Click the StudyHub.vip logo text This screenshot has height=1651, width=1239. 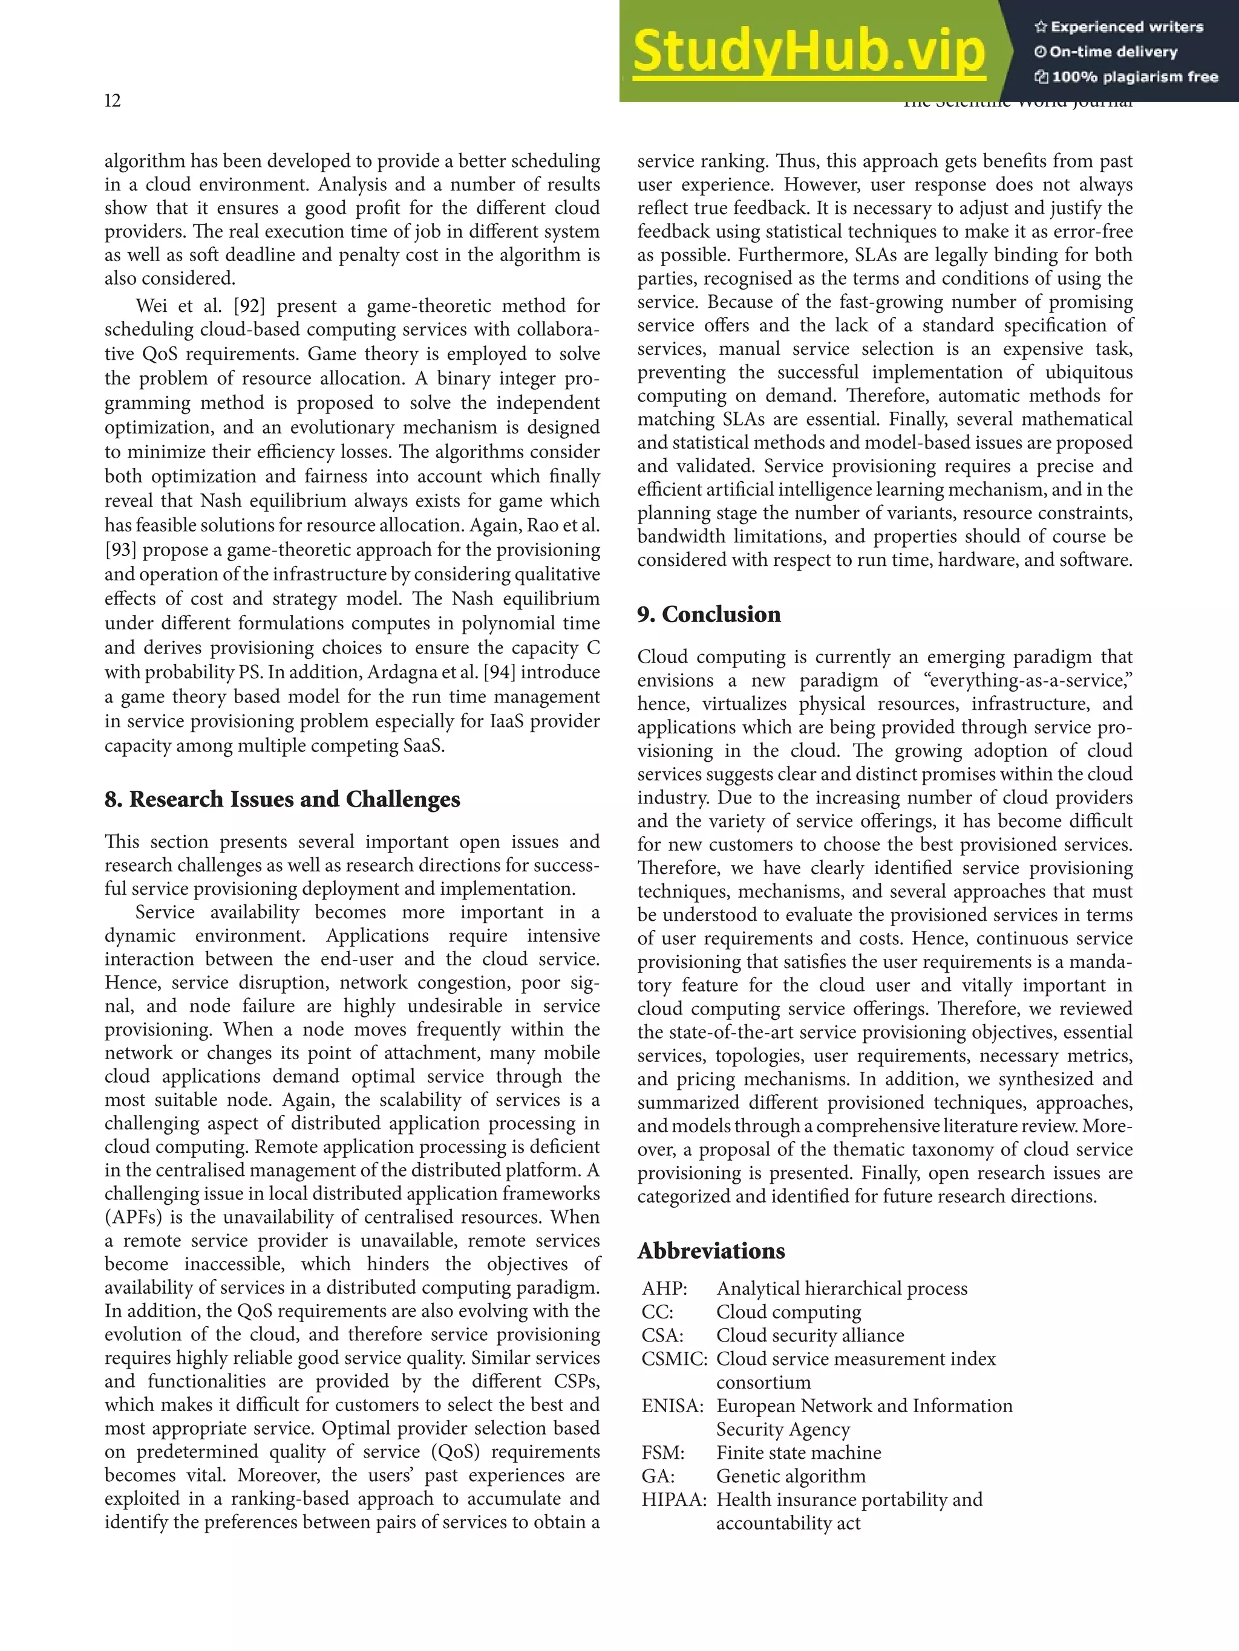click(x=809, y=51)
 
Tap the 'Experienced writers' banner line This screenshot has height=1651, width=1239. click(x=1119, y=27)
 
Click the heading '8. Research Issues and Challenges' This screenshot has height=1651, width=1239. click(x=283, y=799)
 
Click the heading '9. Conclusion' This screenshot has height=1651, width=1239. click(x=709, y=614)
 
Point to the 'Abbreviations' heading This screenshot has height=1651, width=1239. click(x=711, y=1251)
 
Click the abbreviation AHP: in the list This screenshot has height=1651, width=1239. click(x=664, y=1289)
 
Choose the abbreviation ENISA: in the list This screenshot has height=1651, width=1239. click(x=672, y=1406)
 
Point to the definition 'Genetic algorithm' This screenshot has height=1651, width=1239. click(x=791, y=1476)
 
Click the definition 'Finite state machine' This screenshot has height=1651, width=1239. click(x=799, y=1453)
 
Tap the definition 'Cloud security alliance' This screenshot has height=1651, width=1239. click(x=809, y=1335)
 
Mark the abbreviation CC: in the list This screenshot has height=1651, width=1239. click(x=657, y=1312)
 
